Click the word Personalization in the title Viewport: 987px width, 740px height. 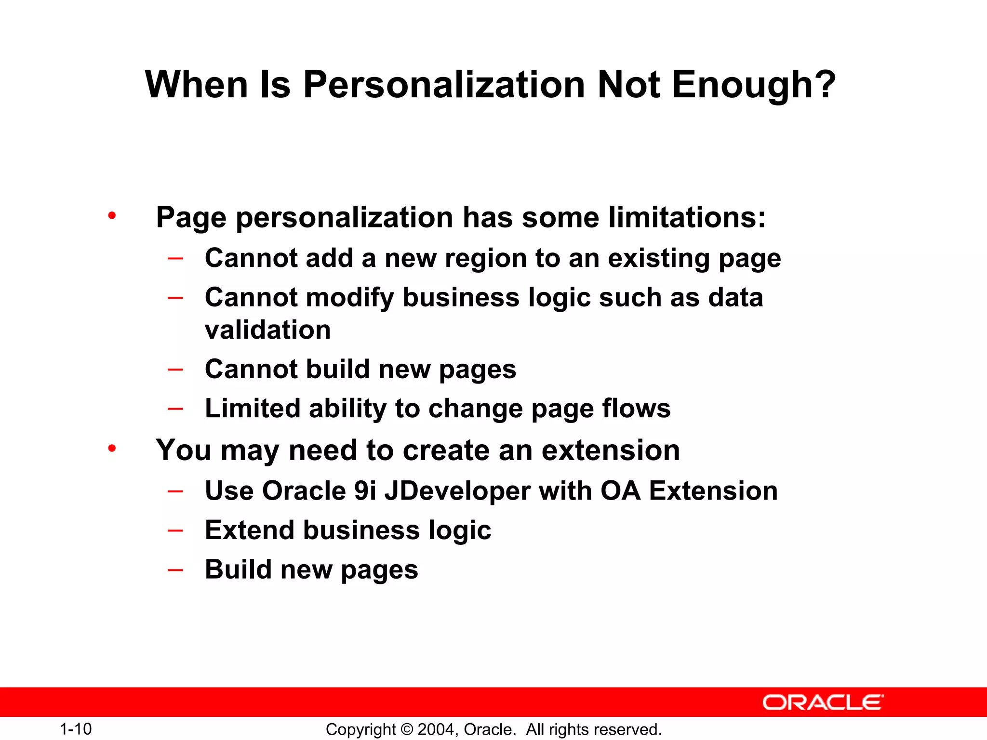[x=443, y=85]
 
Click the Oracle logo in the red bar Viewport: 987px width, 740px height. [x=823, y=702]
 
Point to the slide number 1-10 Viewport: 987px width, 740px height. [x=76, y=729]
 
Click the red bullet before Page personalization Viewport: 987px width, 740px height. [x=112, y=215]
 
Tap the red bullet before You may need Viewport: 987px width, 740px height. [x=112, y=449]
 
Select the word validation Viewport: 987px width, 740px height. [x=268, y=330]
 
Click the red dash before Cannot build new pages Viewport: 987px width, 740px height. [x=175, y=370]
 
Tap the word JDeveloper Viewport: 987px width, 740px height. [x=457, y=491]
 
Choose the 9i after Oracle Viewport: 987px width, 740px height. [x=365, y=491]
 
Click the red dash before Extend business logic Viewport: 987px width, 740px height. [x=175, y=530]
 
